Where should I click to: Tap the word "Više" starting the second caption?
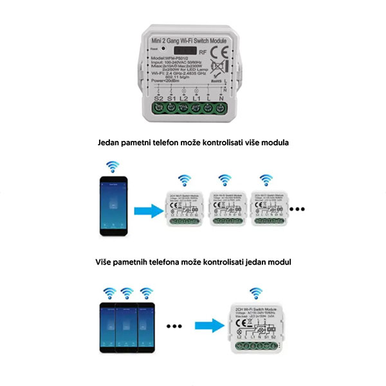tap(105, 262)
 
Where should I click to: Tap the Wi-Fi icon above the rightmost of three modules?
tap(265, 178)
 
